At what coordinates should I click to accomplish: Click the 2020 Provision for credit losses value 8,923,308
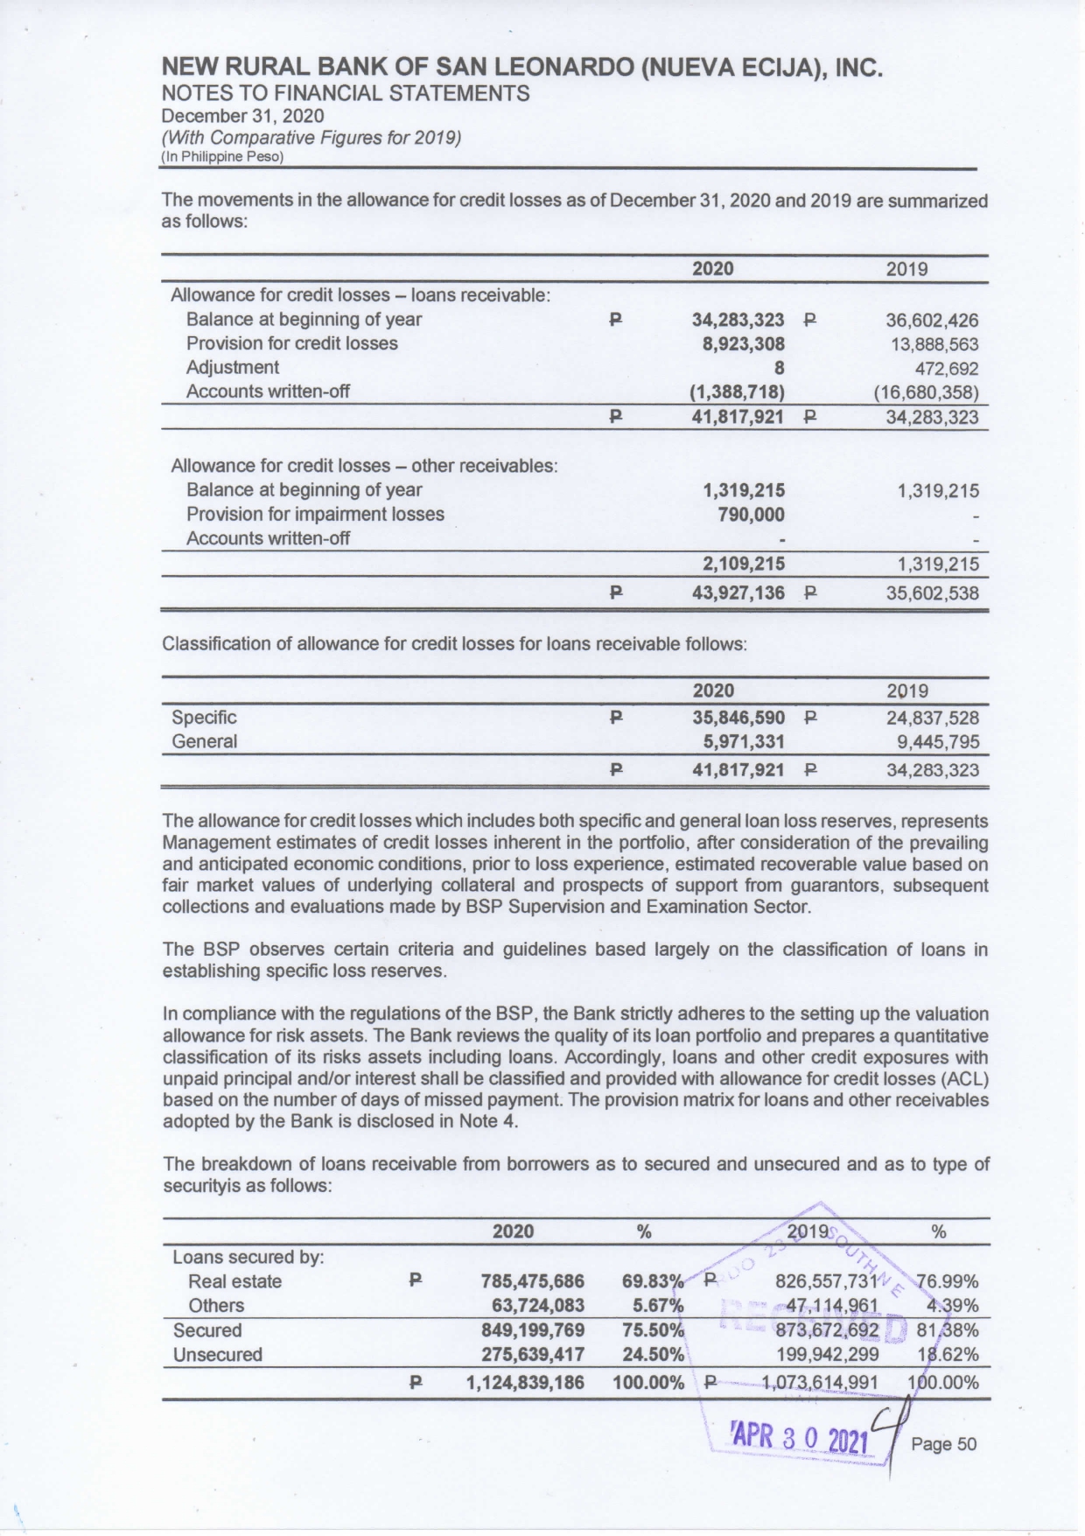coord(743,344)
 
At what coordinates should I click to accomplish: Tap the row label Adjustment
coord(232,368)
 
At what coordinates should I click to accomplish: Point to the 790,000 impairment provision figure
coord(751,515)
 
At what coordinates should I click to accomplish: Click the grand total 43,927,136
coord(738,593)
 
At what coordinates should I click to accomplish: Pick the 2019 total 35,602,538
coord(932,593)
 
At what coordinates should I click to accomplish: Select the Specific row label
coord(204,718)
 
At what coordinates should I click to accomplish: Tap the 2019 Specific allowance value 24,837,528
coord(932,719)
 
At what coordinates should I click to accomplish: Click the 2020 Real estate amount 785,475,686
coord(532,1282)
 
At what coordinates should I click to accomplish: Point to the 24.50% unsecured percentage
coord(652,1355)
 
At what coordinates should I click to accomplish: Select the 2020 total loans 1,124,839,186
coord(523,1384)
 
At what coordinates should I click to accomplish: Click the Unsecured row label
coord(217,1355)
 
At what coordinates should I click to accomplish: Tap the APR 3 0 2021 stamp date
coord(797,1441)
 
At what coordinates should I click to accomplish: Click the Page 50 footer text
coord(943,1444)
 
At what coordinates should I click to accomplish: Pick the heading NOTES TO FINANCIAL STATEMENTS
coord(346,94)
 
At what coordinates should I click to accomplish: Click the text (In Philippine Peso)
coord(222,157)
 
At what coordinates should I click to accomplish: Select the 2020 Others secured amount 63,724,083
coord(538,1306)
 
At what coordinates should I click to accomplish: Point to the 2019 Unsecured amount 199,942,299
coord(827,1355)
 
